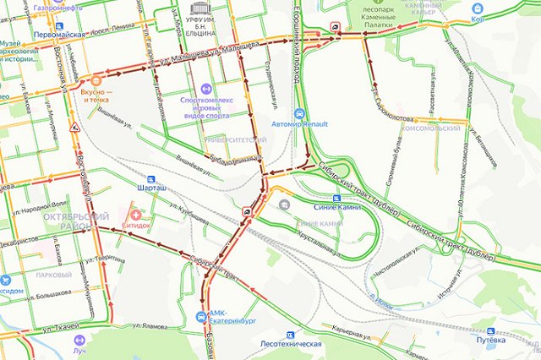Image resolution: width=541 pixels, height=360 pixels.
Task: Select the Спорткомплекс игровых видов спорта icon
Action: [x=205, y=87]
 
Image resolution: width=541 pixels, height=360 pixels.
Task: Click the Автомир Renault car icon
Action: [x=298, y=113]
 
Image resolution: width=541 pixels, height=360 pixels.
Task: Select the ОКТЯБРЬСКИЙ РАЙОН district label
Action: [x=68, y=223]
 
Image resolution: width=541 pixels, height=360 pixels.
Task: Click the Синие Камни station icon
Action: [x=283, y=204]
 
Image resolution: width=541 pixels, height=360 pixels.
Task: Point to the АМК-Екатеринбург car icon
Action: [x=200, y=318]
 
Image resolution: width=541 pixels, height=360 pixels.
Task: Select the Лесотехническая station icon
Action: [x=292, y=335]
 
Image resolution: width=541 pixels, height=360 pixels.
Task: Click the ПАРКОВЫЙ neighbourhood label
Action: [x=53, y=275]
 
